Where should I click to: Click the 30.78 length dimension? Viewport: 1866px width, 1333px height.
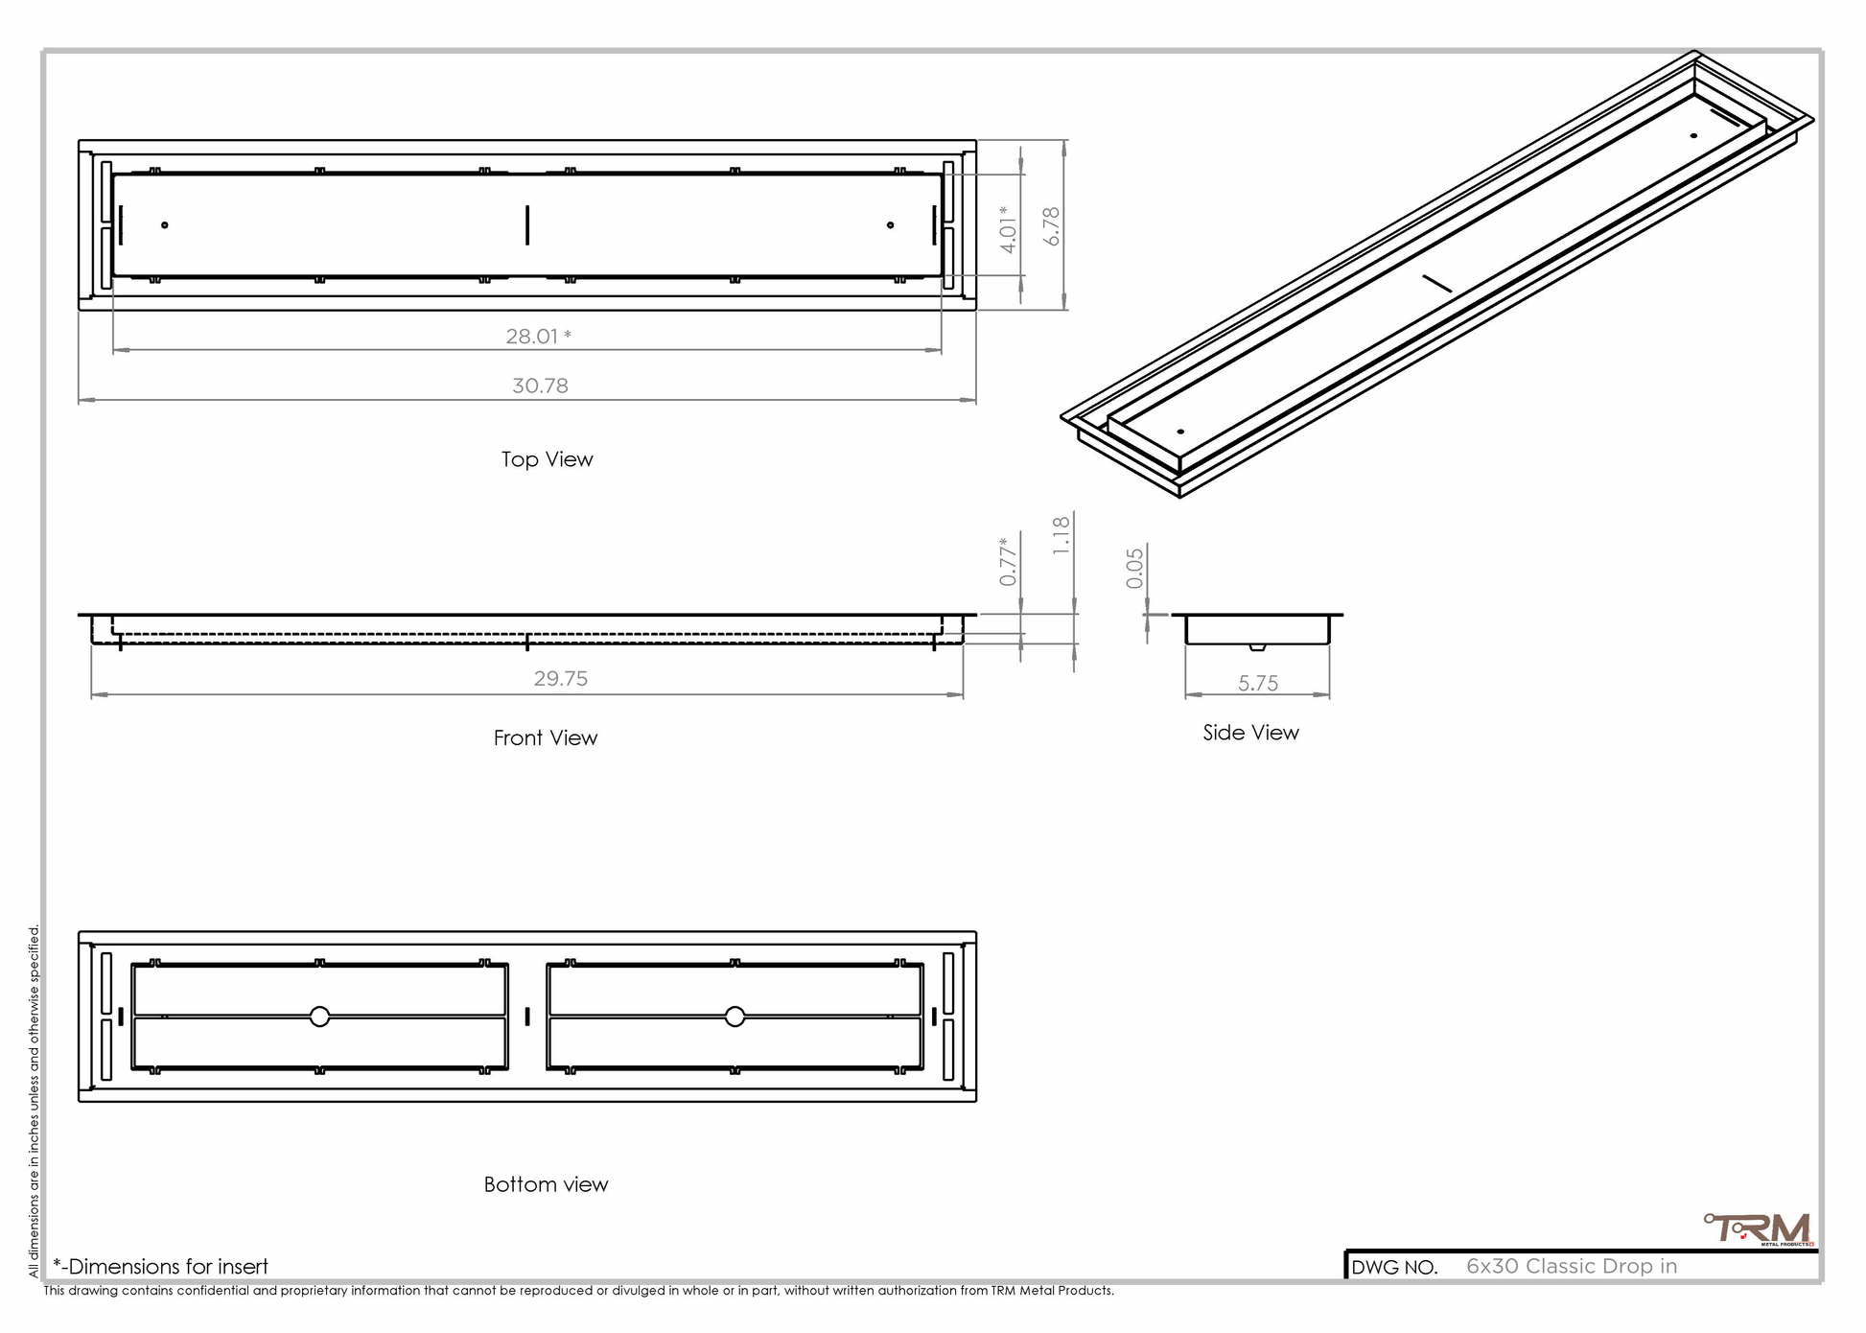(540, 386)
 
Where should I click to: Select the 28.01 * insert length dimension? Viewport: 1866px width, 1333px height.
(539, 337)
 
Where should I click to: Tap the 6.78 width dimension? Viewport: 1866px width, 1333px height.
(1052, 226)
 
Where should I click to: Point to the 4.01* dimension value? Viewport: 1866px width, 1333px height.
(1007, 229)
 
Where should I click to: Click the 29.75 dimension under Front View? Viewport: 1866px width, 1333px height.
(561, 679)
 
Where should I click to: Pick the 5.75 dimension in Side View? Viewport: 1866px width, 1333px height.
(1258, 684)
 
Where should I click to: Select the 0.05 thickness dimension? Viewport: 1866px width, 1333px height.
(1135, 568)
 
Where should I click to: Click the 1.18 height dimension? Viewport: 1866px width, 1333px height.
(1061, 535)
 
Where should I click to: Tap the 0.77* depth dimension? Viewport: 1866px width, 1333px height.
(1007, 561)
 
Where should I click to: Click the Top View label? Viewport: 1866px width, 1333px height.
(547, 459)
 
